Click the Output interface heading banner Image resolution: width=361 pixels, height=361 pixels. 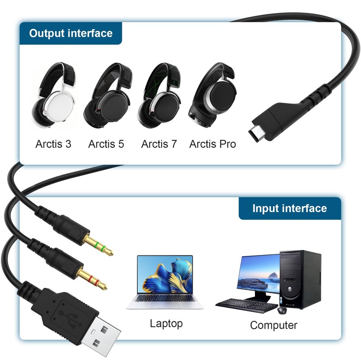point(70,33)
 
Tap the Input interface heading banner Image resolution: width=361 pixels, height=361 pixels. point(289,208)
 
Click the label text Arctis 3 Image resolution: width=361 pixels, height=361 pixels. point(53,144)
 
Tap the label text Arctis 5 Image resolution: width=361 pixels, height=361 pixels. point(106,144)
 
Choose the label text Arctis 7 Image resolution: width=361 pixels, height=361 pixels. point(159,144)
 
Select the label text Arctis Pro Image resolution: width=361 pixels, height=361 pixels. point(213,144)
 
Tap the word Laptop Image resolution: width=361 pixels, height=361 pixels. point(166,323)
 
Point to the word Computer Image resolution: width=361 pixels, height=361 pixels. point(273,325)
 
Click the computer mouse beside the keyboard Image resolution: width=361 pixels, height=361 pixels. point(282,310)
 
